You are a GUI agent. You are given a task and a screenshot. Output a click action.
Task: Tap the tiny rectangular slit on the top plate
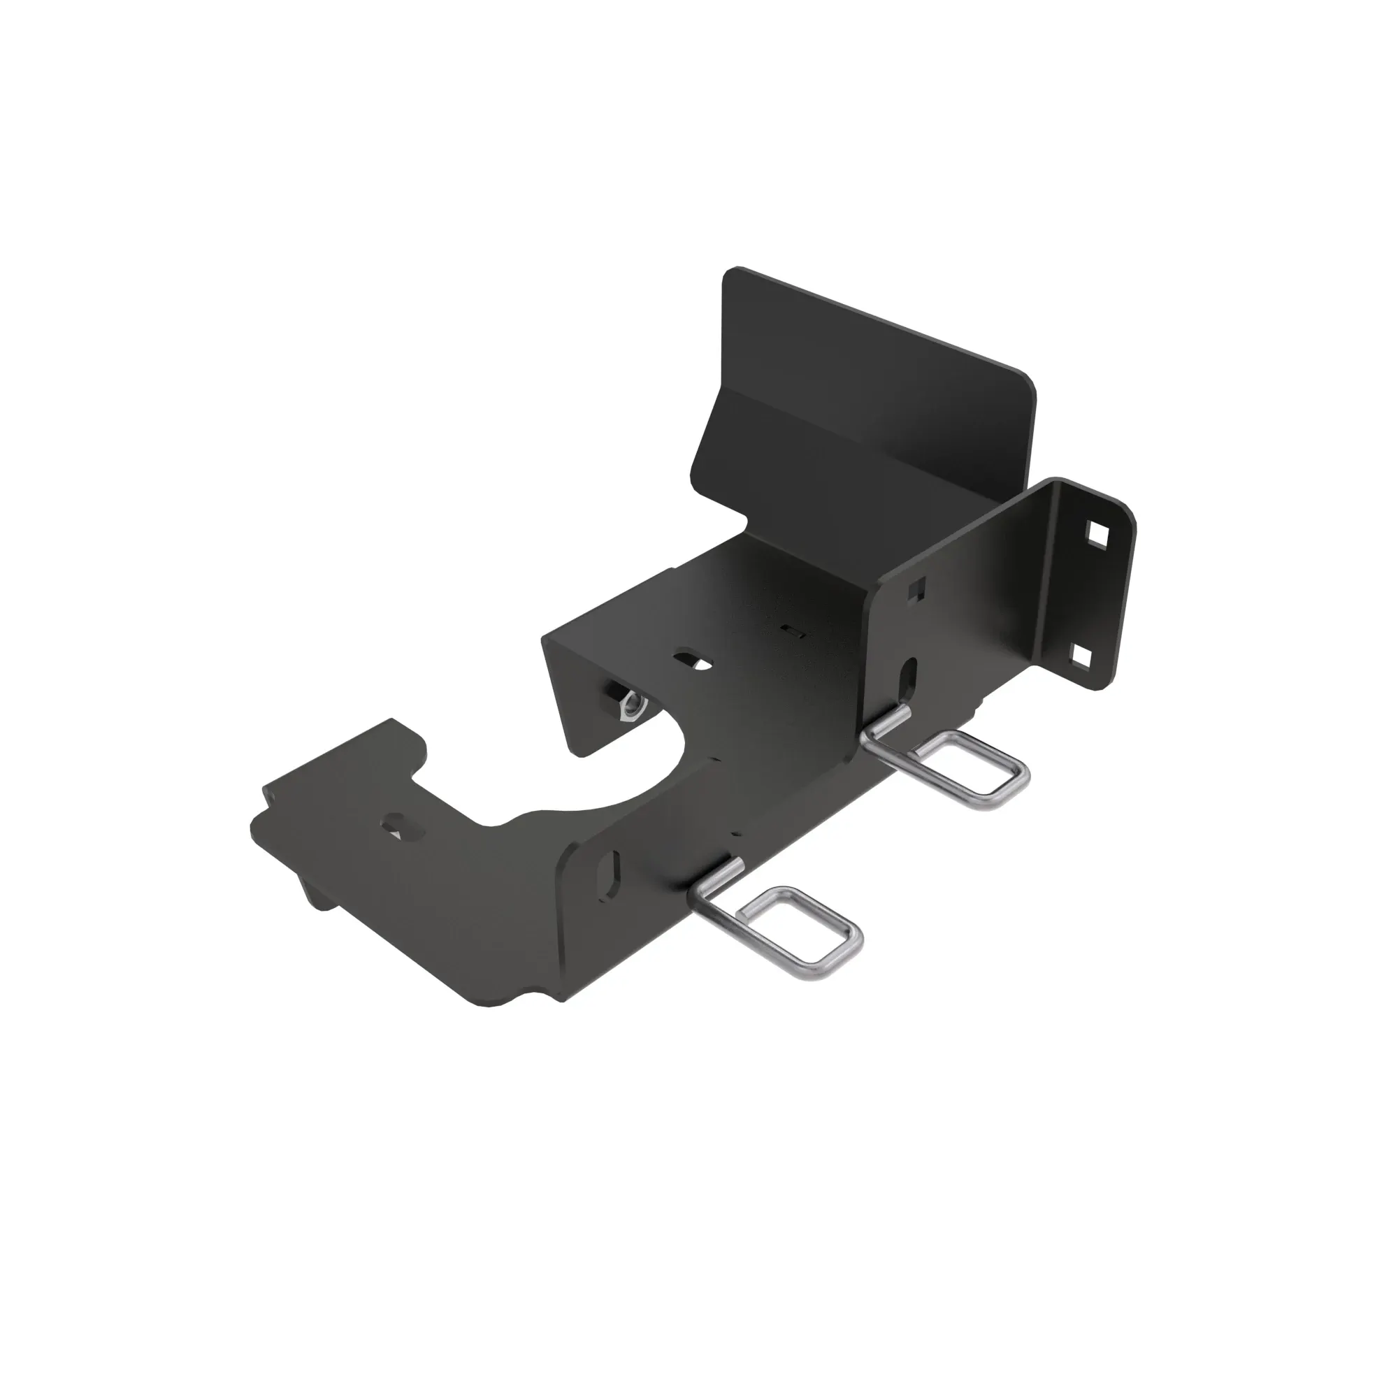pyautogui.click(x=793, y=631)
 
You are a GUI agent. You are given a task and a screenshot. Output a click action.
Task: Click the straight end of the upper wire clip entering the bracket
pyautogui.click(x=890, y=723)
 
